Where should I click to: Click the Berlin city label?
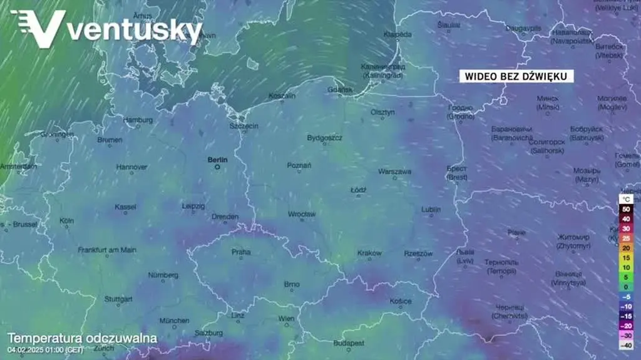(x=217, y=160)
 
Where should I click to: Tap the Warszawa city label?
(x=394, y=171)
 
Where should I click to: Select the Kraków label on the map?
(x=369, y=253)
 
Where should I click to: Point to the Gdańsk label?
(x=343, y=90)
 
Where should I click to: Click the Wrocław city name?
(x=302, y=214)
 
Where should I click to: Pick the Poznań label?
(x=299, y=165)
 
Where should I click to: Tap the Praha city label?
(x=241, y=252)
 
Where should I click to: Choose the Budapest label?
(x=349, y=343)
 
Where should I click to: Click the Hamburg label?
(x=138, y=120)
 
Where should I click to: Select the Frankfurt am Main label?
(x=107, y=250)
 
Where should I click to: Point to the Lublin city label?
(x=431, y=209)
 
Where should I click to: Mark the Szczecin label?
(x=244, y=126)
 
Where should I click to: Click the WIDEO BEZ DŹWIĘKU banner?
(x=516, y=76)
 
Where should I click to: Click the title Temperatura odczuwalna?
(x=82, y=339)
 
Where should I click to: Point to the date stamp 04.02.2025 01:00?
(x=45, y=349)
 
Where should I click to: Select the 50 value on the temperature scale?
(x=625, y=209)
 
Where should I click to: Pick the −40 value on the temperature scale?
(x=625, y=345)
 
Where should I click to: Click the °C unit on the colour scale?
(x=625, y=200)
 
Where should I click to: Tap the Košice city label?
(x=401, y=301)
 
